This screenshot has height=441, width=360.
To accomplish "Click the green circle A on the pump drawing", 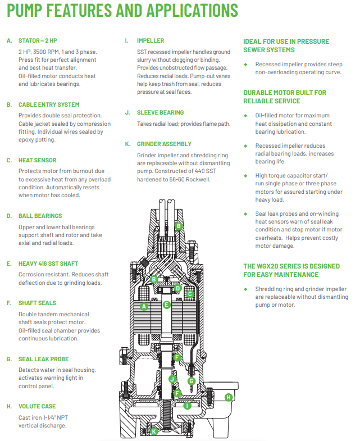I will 144,306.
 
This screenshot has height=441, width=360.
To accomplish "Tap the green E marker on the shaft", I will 166,304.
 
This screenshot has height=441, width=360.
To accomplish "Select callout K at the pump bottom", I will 154,431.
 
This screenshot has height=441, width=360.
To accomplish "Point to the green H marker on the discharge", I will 229,397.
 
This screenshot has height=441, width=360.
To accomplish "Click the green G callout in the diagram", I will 191,381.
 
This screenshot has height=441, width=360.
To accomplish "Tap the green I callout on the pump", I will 188,405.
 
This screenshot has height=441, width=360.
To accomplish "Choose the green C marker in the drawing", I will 190,293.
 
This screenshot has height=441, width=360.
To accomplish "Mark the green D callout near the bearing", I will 177,288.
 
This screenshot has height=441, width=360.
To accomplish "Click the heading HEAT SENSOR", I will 37,160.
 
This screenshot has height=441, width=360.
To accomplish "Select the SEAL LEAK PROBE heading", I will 44,359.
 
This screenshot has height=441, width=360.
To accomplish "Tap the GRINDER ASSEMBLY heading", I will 164,144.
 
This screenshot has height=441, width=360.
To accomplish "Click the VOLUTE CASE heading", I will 37,406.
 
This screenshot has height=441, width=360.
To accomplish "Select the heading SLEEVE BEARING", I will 160,112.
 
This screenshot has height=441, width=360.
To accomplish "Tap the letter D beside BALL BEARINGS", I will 9,216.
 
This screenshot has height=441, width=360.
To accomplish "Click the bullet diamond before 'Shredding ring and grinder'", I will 245,289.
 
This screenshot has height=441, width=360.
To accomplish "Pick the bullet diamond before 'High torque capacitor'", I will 245,175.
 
